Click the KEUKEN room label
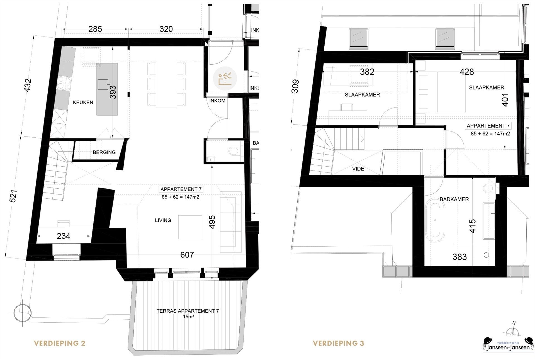(x=83, y=103)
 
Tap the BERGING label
(x=104, y=152)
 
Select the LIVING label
(x=163, y=220)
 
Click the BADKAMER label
(x=454, y=200)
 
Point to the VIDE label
(x=358, y=169)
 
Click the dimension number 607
(x=187, y=255)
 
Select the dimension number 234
(x=63, y=236)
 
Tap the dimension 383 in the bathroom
(x=459, y=257)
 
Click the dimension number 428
(x=466, y=72)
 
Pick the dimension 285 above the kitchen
(x=95, y=29)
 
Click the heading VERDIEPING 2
(x=59, y=343)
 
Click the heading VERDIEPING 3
(x=338, y=343)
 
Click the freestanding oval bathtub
(x=435, y=220)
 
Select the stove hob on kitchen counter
(x=63, y=83)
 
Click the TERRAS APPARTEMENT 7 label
(x=187, y=311)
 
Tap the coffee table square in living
(x=190, y=227)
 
